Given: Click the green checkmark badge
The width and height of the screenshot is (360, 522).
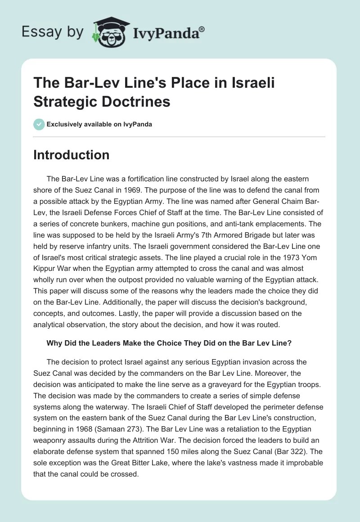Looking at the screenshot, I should pyautogui.click(x=39, y=124).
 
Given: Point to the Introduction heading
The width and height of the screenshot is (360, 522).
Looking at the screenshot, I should pyautogui.click(x=72, y=155).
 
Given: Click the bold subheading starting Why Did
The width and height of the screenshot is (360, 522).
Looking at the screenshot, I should pyautogui.click(x=169, y=343).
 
